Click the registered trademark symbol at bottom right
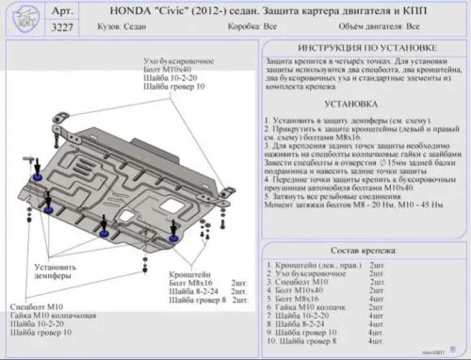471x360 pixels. point(454,347)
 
